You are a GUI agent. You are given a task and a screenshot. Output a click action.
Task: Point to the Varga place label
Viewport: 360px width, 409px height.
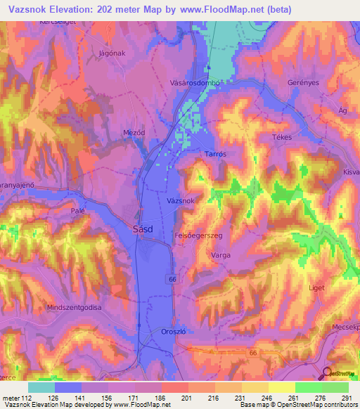point(221,257)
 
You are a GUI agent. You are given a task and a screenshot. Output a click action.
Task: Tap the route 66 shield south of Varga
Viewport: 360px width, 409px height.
point(172,279)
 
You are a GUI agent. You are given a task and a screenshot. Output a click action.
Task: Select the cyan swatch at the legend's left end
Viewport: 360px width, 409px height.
point(41,387)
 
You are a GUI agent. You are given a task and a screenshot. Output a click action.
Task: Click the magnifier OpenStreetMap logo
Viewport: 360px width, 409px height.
point(328,373)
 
